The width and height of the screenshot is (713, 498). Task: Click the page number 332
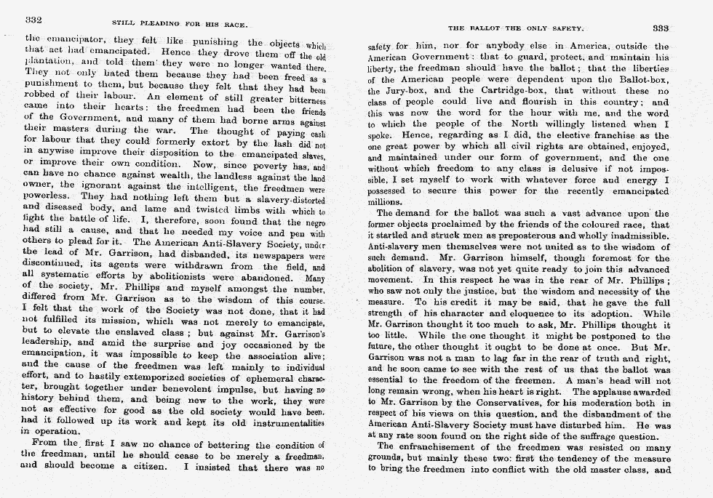[36, 19]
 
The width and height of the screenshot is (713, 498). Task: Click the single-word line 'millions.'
[386, 201]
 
